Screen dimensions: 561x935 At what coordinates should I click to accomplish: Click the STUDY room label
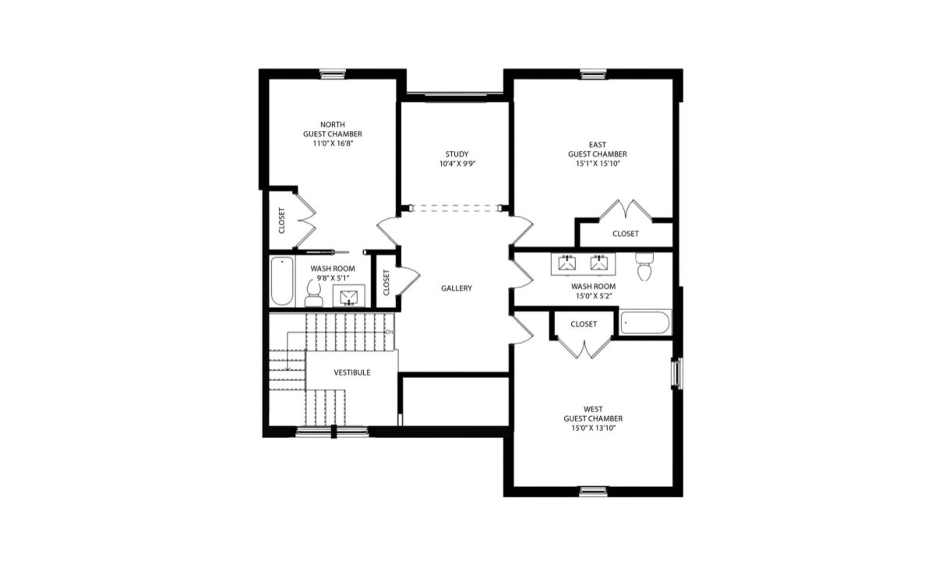(457, 153)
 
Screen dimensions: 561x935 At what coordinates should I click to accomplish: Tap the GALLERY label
(457, 288)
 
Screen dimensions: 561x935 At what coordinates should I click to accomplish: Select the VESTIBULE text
(352, 372)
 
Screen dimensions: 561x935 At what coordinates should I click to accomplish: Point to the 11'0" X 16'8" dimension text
(333, 143)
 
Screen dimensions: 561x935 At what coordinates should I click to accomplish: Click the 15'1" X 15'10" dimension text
(597, 164)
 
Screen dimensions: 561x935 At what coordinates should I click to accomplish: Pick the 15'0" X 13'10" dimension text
(592, 429)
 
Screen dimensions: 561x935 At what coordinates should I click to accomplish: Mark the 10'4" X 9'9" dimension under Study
(457, 164)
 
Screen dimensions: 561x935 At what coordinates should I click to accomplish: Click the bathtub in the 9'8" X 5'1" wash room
(281, 282)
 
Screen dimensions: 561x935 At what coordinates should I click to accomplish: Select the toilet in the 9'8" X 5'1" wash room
(314, 293)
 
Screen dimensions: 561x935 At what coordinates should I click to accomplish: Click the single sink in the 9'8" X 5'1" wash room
(348, 297)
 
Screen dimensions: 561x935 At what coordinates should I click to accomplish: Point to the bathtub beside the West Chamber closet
(645, 323)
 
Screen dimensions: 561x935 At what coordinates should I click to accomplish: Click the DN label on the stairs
(390, 333)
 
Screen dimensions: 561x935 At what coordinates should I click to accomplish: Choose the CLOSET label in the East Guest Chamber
(625, 234)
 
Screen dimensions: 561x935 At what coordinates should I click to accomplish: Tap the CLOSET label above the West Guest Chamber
(584, 324)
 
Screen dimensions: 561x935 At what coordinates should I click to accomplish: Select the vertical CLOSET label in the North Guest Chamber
(281, 221)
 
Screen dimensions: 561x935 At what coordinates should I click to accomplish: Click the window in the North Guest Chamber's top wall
(333, 74)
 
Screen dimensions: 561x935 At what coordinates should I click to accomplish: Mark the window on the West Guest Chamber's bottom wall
(592, 491)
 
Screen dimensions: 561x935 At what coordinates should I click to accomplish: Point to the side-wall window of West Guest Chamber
(677, 373)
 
